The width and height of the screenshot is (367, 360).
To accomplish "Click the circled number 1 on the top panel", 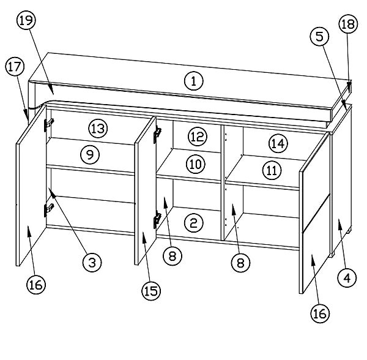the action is point(194,81).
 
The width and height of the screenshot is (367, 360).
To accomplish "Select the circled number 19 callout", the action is point(26,20).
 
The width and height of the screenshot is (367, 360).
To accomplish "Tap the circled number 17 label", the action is point(15,67).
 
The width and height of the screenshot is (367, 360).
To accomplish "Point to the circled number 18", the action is point(348,24).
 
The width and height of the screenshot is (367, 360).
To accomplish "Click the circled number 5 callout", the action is point(319,36).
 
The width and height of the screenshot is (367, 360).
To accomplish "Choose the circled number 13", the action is point(98,129).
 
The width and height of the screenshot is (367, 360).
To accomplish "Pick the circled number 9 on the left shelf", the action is point(90,154).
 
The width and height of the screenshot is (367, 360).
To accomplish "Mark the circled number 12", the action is point(198,137).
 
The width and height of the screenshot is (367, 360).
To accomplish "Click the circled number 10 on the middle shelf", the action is point(196,164).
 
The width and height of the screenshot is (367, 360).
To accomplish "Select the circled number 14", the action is point(278,143).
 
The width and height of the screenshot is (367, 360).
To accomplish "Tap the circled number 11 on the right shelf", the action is point(272,170).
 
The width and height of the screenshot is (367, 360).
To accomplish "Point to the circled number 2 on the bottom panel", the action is point(194,223).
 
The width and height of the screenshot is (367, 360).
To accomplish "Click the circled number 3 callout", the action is point(92,262).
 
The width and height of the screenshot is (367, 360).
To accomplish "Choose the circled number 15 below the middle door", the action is point(151,291).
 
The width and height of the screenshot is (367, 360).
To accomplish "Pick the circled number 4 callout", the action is point(347,278).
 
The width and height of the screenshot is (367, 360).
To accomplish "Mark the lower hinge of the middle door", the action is point(157,219).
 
